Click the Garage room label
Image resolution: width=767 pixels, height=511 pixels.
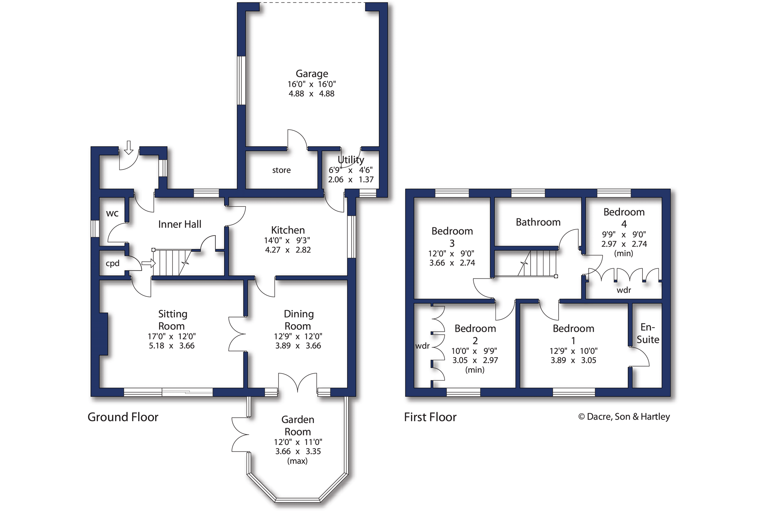312,74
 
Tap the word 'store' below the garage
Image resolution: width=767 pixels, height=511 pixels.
281,170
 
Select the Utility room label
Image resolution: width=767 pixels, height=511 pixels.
351,160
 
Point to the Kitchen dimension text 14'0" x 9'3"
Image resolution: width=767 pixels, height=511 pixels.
288,240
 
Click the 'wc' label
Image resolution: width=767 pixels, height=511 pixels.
112,213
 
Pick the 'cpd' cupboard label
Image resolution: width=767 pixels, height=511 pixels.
113,264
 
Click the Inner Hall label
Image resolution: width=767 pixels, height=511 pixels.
180,224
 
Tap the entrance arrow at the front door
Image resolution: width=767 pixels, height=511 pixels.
128,147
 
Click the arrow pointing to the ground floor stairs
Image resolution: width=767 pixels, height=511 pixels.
148,263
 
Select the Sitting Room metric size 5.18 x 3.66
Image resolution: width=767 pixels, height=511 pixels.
172,346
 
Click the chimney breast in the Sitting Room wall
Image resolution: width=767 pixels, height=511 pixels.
104,334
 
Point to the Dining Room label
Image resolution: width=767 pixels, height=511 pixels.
298,320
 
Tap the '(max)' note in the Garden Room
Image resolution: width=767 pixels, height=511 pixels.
298,461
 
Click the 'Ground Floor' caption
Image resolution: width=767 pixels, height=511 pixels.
123,417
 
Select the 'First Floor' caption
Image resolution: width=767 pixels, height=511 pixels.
430,417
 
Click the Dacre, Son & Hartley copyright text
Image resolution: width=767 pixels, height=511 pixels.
624,417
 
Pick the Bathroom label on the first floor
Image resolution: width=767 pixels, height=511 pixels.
538,222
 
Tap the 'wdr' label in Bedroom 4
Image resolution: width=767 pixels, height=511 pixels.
624,290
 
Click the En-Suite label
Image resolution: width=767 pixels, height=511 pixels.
648,333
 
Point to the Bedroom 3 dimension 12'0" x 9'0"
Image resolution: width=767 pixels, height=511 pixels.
451,254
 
